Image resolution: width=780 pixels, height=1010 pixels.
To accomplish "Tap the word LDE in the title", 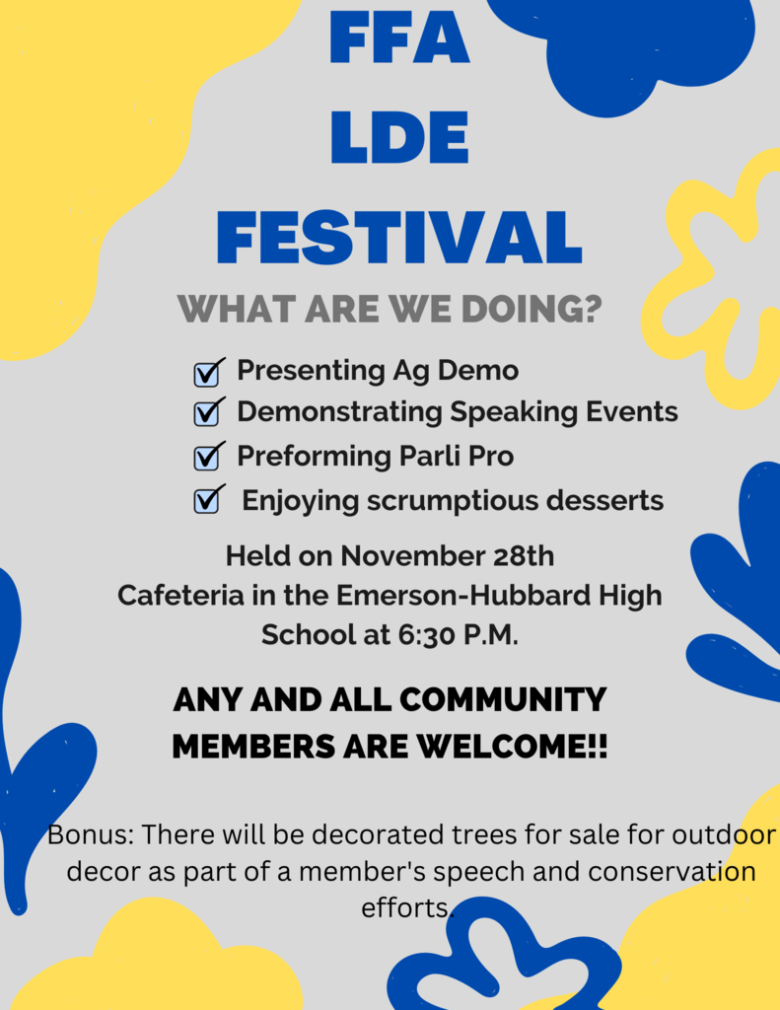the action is tap(399, 137).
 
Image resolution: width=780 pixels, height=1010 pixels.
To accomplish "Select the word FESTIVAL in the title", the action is tap(399, 239).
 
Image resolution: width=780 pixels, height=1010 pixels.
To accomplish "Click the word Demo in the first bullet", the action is tap(478, 371).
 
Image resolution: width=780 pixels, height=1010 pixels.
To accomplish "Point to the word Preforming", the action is tap(314, 457).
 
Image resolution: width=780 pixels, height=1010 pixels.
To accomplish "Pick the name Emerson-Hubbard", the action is tap(463, 595).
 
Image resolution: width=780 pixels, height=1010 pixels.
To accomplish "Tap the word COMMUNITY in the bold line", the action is tap(503, 700).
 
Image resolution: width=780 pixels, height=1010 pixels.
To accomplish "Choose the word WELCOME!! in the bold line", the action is tap(512, 747).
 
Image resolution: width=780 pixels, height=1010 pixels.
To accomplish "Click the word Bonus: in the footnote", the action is tap(90, 834).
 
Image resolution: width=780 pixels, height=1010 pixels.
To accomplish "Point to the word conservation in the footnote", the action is tap(672, 872).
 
